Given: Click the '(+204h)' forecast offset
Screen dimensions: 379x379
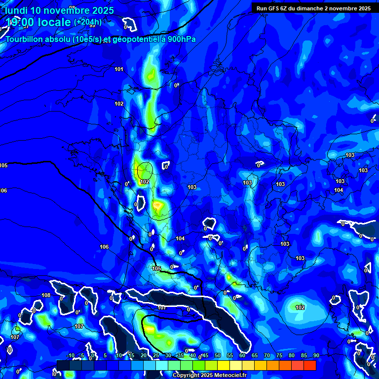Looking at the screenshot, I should pos(88,22).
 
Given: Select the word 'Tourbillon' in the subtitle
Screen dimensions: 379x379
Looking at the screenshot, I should pos(29,39).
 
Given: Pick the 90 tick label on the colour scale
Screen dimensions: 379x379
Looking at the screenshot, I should pos(316,356).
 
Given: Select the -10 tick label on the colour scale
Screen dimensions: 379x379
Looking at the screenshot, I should pos(70,356).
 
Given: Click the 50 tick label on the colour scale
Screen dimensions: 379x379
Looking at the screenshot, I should pos(218,356).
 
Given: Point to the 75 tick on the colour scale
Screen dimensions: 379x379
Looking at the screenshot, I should pos(279,356).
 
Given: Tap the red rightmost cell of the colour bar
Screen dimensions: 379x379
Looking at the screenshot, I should pos(309,365).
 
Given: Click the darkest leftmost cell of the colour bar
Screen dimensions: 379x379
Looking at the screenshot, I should pos(63,365).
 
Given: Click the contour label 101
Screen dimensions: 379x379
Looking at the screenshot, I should pos(119,69).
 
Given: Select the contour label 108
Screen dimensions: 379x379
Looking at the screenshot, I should pos(46,295).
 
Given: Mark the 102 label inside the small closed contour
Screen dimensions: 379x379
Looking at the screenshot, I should pos(144,182).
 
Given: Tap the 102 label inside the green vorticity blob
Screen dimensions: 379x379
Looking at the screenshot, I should pos(300,307).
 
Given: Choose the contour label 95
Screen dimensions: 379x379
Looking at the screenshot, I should pos(92,25).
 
